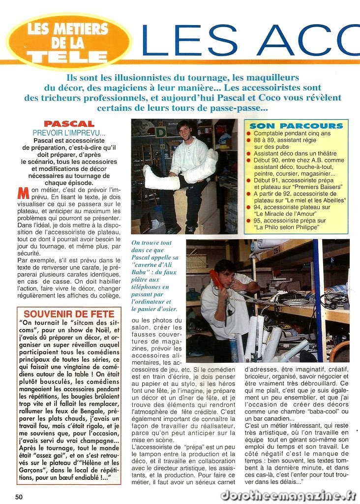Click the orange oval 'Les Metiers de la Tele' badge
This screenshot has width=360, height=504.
69,41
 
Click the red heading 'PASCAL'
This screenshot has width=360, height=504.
68,124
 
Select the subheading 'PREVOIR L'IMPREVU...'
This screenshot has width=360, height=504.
69,133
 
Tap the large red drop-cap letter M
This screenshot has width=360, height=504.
23,192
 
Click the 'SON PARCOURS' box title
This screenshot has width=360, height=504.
296,126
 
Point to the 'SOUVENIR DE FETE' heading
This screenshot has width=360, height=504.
69,314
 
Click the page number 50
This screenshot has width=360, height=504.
19,497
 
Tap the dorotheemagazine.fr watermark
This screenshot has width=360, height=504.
288,495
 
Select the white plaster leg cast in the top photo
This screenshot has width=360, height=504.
161,177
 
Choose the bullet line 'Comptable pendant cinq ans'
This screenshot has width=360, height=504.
292,133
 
